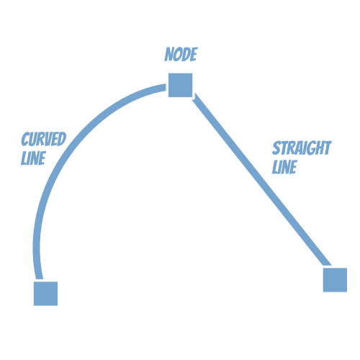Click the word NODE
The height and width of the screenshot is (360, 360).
click(181, 54)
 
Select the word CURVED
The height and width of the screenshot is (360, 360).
click(44, 139)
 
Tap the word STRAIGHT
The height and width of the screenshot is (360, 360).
click(302, 148)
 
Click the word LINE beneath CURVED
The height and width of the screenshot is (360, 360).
click(33, 158)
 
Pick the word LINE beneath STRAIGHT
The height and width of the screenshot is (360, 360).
click(284, 166)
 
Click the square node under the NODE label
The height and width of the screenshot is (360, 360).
click(180, 85)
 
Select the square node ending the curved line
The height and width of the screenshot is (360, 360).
click(45, 294)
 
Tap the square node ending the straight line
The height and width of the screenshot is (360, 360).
click(335, 280)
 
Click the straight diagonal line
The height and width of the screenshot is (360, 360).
click(261, 180)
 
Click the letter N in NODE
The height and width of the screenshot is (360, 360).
click(169, 54)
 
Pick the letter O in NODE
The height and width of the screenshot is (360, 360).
click(178, 54)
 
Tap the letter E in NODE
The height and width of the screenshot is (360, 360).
click(194, 54)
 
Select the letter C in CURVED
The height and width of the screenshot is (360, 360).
click(25, 139)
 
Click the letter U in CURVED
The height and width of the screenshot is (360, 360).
click(32, 139)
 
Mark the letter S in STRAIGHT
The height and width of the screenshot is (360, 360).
click(276, 148)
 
